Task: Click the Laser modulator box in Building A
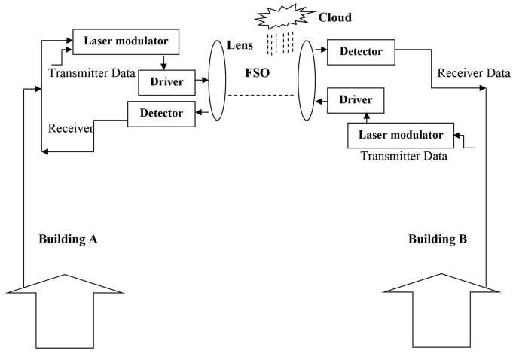point(125,42)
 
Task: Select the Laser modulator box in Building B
point(402,136)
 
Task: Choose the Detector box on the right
point(360,52)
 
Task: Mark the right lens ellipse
point(307,81)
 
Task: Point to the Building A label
point(69,240)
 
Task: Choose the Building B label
point(438,240)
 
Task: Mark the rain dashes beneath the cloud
point(278,42)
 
